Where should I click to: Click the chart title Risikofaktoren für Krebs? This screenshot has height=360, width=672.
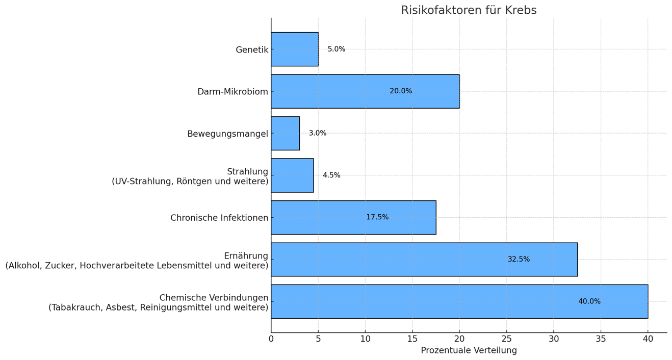(468, 10)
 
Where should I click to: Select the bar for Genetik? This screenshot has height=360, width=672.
(295, 49)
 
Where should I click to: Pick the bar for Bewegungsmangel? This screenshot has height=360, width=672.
(285, 133)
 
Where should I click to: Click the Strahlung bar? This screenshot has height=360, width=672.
(292, 175)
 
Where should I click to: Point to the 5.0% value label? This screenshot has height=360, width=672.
(337, 49)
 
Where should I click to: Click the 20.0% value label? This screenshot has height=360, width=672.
(401, 91)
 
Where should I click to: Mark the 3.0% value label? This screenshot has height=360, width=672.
(318, 133)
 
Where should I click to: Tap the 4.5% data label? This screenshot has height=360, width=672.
(331, 175)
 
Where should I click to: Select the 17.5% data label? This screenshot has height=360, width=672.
(377, 217)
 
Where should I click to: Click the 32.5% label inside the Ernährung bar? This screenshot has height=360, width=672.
(519, 260)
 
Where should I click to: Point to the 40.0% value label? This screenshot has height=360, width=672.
(589, 301)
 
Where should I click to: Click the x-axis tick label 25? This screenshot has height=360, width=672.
(506, 339)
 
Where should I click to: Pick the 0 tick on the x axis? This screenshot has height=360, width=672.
(271, 339)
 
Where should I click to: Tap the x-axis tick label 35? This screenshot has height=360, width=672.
(601, 339)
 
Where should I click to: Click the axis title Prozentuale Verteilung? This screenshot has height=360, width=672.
(469, 351)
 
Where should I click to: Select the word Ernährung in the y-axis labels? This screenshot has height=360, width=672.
(246, 256)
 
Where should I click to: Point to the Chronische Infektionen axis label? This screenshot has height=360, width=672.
(219, 218)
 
